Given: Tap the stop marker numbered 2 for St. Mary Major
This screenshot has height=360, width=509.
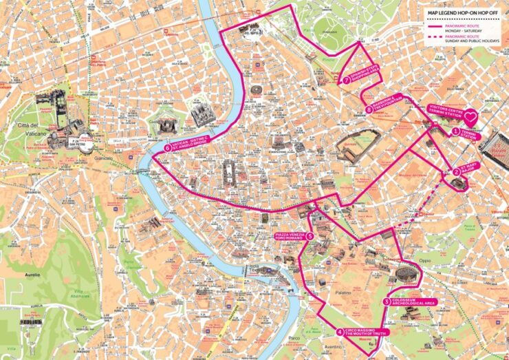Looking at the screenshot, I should point(456,172).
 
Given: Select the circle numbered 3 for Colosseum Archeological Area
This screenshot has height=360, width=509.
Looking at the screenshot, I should point(387,301).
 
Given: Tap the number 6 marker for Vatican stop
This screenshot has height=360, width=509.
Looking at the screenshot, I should point(167,147).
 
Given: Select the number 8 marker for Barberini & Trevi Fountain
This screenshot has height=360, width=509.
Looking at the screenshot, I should point(369,109).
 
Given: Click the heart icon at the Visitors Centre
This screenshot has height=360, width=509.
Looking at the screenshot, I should point(470,116).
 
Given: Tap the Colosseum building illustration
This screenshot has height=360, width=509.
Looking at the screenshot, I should point(405,275).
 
